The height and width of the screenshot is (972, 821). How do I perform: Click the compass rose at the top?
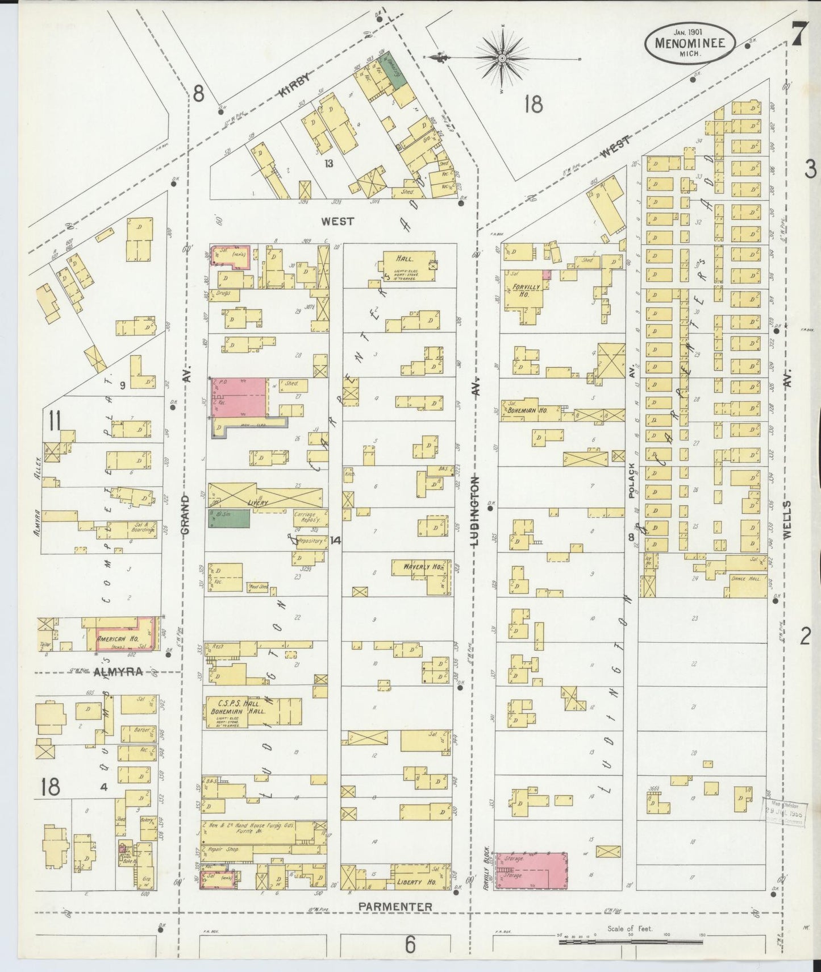tap(503, 57)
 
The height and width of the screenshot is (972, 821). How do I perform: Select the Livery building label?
tap(257, 503)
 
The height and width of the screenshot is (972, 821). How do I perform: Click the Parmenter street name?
tap(395, 906)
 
